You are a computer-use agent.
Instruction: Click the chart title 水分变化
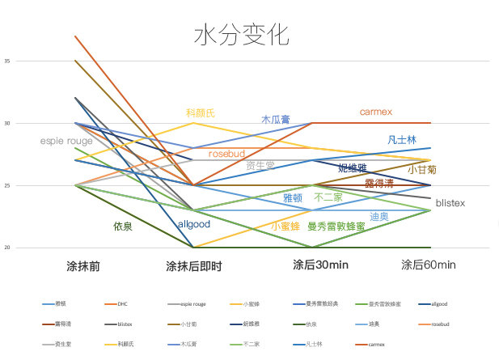[241, 35]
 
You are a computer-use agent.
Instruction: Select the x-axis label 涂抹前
[83, 265]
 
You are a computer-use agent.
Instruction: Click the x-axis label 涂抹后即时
[193, 265]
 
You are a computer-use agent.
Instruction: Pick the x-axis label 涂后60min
[429, 265]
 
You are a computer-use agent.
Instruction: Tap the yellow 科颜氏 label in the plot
[201, 113]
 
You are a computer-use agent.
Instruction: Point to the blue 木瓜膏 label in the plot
[277, 119]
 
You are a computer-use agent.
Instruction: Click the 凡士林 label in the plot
[402, 139]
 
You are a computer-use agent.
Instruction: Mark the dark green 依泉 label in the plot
[123, 227]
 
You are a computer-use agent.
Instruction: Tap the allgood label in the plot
[193, 223]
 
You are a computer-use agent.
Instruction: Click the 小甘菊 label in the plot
[422, 170]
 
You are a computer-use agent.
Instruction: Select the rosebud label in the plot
[226, 153]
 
